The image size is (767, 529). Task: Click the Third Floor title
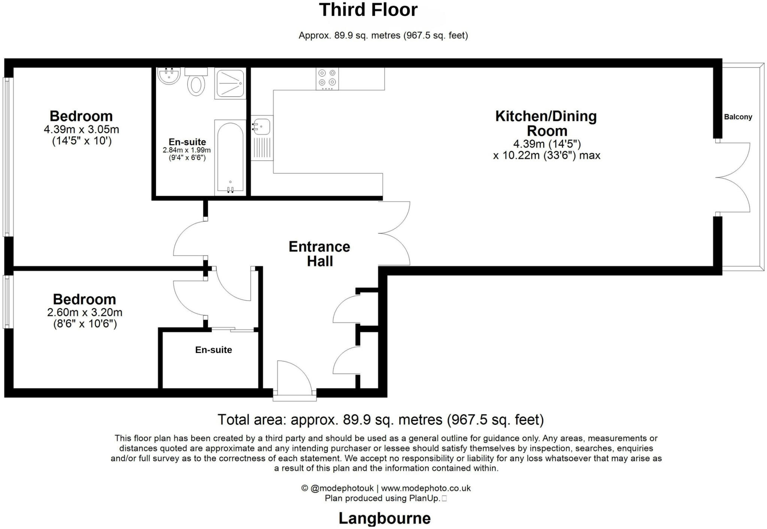point(368,10)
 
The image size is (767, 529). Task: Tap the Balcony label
point(738,117)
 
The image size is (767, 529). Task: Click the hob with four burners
point(327,79)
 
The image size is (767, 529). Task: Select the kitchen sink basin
point(261,126)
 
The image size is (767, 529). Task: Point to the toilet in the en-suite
point(196,85)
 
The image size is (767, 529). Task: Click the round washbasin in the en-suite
point(169,76)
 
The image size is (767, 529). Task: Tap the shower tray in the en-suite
point(230,84)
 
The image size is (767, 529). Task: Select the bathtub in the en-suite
point(230,157)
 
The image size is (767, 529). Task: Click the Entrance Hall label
point(319,254)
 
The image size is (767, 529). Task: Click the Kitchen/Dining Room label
point(546,123)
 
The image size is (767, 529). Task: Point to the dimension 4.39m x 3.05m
point(81,130)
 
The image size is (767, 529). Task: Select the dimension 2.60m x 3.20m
point(85,312)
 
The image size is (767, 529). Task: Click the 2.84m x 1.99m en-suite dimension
point(187,150)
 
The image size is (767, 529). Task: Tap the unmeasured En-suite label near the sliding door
point(213,350)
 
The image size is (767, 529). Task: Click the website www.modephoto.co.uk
point(426,488)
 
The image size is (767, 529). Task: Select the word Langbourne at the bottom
point(385,519)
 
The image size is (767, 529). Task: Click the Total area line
point(381,420)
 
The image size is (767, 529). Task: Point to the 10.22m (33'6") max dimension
point(546,155)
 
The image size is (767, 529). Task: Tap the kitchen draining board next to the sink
point(261,148)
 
